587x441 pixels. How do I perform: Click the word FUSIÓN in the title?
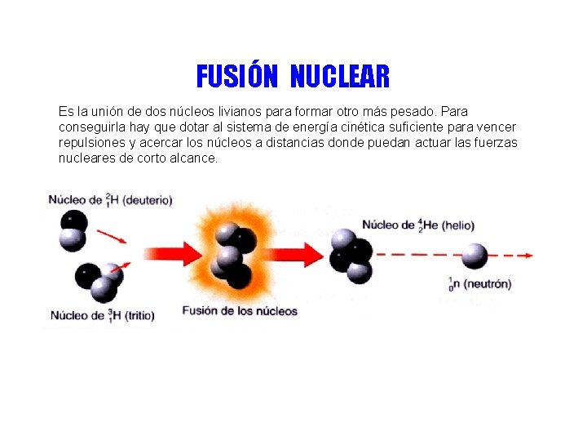point(236,77)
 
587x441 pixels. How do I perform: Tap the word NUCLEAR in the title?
point(340,77)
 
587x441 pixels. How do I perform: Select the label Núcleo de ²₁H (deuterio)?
point(110,200)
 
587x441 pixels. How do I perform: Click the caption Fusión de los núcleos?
point(240,311)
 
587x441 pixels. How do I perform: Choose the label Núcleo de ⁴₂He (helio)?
point(417,225)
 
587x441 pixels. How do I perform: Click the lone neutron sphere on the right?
point(474,256)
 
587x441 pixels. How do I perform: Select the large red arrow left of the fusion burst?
point(174,254)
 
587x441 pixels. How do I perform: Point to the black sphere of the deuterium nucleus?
point(74,221)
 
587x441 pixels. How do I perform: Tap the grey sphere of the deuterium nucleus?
point(73,238)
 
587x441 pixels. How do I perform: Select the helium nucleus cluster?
point(351,256)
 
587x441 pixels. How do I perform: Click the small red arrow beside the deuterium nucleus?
point(112,238)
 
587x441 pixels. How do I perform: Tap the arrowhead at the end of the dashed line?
point(529,256)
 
